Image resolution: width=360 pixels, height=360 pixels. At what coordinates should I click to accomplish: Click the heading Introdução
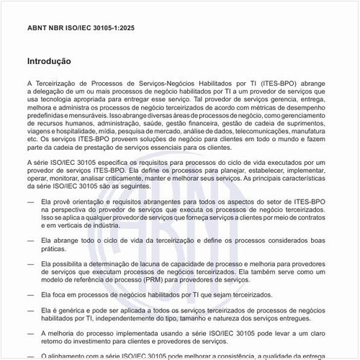[48, 62]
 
